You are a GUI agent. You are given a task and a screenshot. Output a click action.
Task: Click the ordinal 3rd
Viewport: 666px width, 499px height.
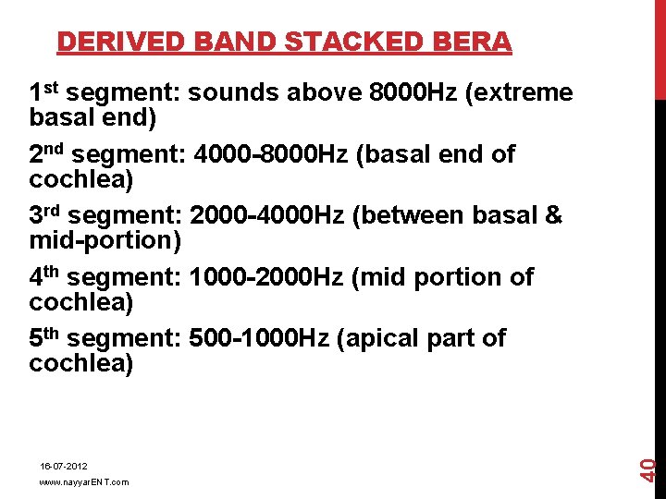(45, 215)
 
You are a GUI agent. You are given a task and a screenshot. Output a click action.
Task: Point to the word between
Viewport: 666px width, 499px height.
(413, 215)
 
